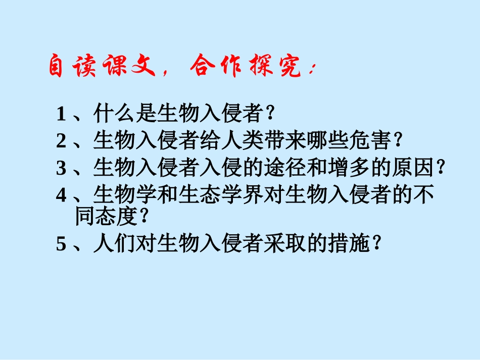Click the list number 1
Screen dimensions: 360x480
62,115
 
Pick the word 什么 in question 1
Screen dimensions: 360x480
115,114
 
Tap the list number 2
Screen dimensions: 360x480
62,141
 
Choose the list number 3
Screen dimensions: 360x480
62,169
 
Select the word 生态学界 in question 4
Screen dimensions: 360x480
211,195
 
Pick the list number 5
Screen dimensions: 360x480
62,244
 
